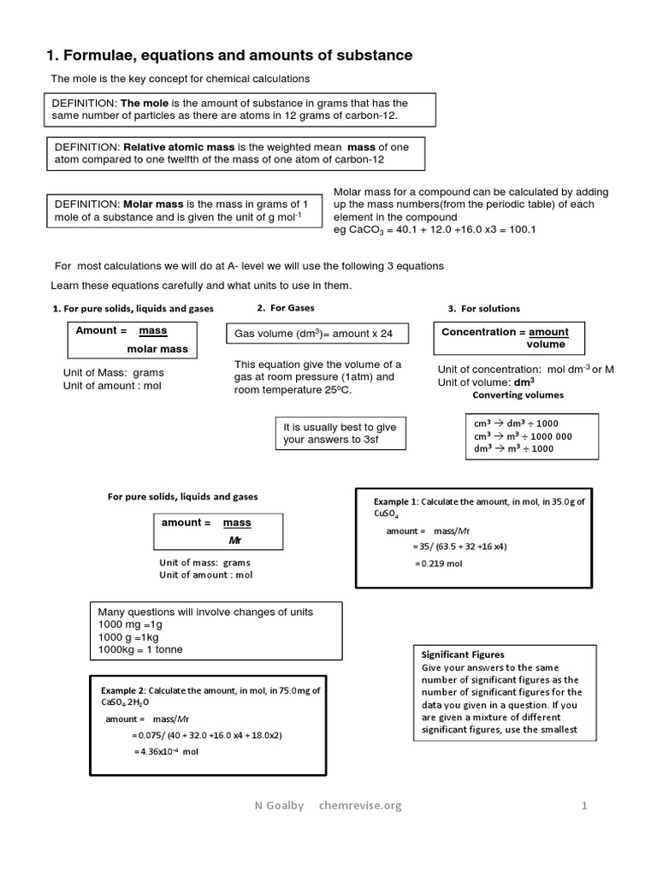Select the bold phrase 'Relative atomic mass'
pos(176,147)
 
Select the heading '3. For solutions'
pos(483,309)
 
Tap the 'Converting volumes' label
pos(518,395)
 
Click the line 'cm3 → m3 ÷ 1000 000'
pos(523,436)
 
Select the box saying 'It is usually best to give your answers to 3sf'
pos(340,433)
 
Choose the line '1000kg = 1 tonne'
pos(140,650)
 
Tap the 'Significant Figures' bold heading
pos(463,654)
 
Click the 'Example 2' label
pos(123,690)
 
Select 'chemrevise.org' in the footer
pos(359,805)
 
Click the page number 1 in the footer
pos(585,805)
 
